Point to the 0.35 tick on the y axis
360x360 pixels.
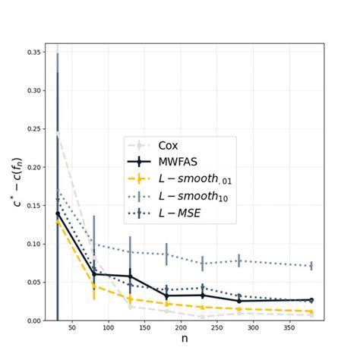tap(33, 52)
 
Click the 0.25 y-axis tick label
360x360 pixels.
tap(33, 129)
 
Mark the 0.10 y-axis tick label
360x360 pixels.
tap(33, 244)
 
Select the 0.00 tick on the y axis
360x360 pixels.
tap(33, 321)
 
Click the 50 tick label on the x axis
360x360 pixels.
tap(72, 329)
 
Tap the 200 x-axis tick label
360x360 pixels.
tap(180, 329)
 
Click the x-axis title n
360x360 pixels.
tap(185, 339)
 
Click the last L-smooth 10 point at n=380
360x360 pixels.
tap(311, 266)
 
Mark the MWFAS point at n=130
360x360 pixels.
tap(130, 276)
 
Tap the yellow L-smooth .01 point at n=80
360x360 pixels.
tap(94, 286)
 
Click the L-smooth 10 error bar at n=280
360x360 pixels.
tap(239, 261)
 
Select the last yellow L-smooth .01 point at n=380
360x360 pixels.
tap(311, 311)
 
